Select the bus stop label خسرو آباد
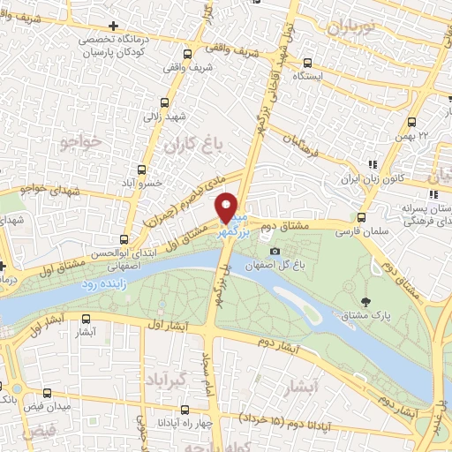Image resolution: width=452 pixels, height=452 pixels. [139, 184]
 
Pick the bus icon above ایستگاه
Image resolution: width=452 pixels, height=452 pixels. [306, 63]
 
